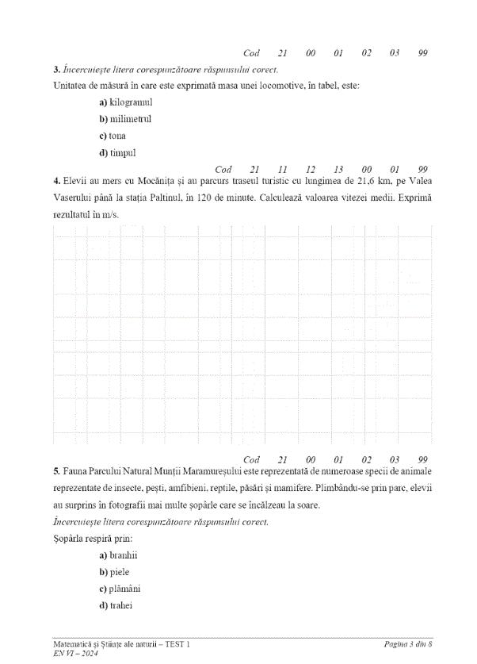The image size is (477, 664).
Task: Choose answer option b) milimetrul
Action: [x=125, y=119]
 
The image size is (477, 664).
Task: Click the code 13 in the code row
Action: [x=338, y=169]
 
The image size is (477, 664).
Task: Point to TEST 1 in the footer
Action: [x=177, y=644]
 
